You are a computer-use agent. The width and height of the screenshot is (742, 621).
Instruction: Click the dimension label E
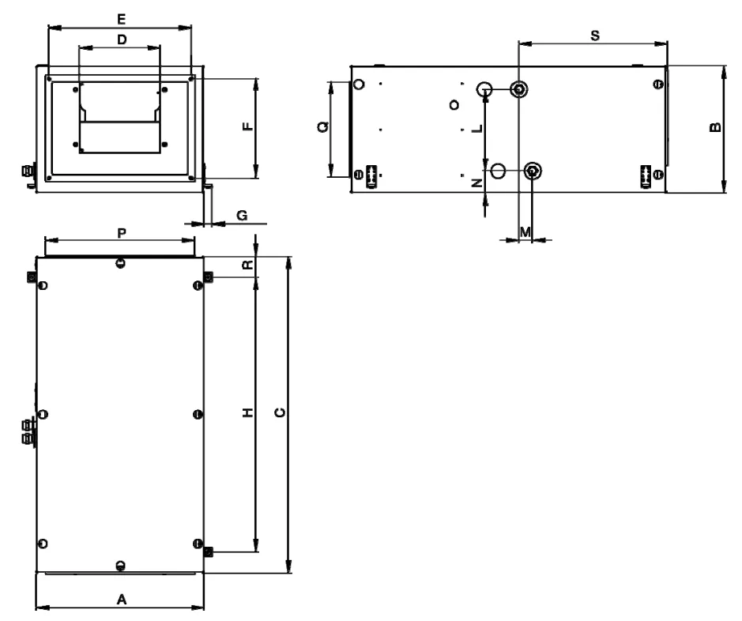pyautogui.click(x=122, y=19)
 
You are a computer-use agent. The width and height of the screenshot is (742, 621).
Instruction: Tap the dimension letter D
pyautogui.click(x=122, y=40)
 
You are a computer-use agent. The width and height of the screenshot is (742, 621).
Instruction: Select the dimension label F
pyautogui.click(x=248, y=126)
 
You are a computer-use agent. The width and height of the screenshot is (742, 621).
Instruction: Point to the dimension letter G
pyautogui.click(x=242, y=216)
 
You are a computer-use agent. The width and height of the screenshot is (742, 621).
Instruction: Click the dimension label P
pyautogui.click(x=122, y=233)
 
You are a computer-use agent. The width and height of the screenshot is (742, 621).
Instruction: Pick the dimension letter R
pyautogui.click(x=248, y=265)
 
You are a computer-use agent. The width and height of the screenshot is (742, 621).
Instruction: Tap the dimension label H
pyautogui.click(x=248, y=412)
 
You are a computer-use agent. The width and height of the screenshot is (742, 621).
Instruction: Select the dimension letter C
pyautogui.click(x=281, y=412)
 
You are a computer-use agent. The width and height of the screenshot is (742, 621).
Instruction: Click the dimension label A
pyautogui.click(x=122, y=600)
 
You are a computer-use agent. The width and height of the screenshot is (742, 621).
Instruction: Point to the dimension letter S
pyautogui.click(x=595, y=36)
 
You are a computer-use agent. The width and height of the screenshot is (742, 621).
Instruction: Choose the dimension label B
pyautogui.click(x=716, y=126)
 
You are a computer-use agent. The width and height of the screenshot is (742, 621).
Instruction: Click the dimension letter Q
pyautogui.click(x=323, y=126)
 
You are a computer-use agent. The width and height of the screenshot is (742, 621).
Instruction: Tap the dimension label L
pyautogui.click(x=478, y=128)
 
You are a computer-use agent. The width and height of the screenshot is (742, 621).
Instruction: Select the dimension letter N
pyautogui.click(x=478, y=183)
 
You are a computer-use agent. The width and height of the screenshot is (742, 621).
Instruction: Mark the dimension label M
pyautogui.click(x=525, y=232)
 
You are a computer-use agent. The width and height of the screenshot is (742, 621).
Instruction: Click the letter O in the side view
pyautogui.click(x=454, y=104)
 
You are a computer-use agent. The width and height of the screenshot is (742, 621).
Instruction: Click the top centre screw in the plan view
pyautogui.click(x=121, y=263)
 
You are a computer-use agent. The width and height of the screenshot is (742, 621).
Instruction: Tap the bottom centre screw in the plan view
pyautogui.click(x=121, y=565)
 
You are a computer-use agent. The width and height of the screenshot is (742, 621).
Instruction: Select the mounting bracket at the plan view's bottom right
pyautogui.click(x=208, y=551)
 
